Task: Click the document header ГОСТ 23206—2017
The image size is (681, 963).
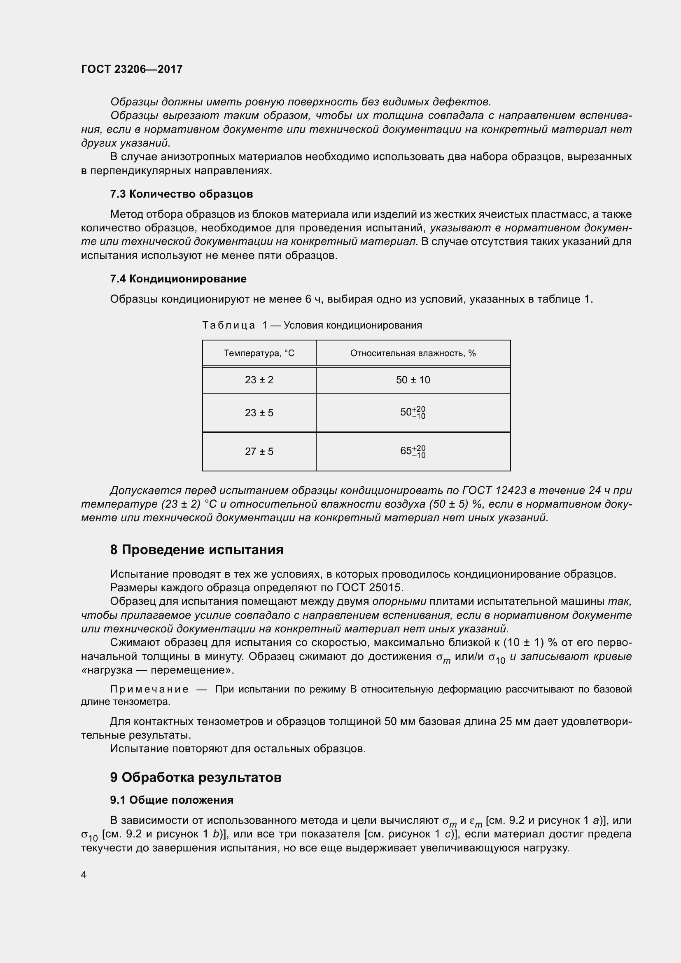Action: click(x=132, y=69)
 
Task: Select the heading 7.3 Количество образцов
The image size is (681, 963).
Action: click(x=181, y=194)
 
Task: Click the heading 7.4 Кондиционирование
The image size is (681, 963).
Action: click(x=178, y=279)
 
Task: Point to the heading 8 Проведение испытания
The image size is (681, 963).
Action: click(x=197, y=550)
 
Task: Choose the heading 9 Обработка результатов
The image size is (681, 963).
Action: click(x=196, y=777)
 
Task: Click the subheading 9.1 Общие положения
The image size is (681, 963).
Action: click(x=172, y=800)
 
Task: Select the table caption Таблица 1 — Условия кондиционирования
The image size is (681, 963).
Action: click(x=312, y=325)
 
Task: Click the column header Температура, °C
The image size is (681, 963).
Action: click(x=259, y=353)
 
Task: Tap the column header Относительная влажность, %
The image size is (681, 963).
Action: click(x=413, y=353)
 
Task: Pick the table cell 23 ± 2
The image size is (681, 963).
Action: click(x=259, y=380)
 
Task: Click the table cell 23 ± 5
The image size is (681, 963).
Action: click(x=259, y=413)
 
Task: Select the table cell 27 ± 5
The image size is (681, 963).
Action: click(x=259, y=452)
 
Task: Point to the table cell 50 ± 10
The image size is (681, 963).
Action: click(x=413, y=380)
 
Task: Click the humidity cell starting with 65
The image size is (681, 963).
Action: click(x=413, y=452)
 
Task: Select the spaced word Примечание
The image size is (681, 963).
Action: click(x=149, y=689)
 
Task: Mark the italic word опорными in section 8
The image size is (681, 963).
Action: click(x=399, y=601)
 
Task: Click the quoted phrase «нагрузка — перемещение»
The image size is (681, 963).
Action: click(x=157, y=670)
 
